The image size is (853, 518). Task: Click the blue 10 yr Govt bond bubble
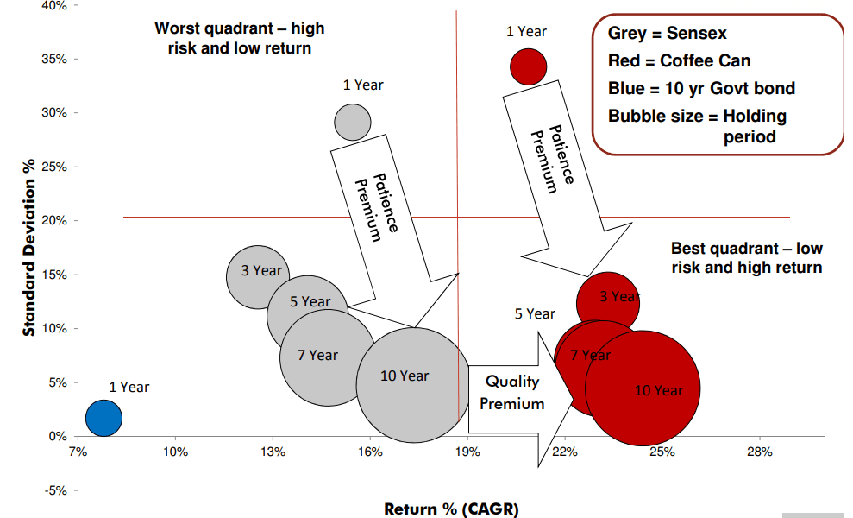103,418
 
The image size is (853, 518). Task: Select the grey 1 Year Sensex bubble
352,122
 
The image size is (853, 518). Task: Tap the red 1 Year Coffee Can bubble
528,66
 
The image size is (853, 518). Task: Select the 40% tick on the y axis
55,6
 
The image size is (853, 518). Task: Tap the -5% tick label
55,490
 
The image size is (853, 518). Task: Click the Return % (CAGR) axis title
451,509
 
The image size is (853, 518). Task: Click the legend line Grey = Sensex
668,35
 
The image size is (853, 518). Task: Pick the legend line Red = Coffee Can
680,61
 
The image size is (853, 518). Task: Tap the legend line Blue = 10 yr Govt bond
701,89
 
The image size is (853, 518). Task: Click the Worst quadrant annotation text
240,38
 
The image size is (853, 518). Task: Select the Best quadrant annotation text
747,258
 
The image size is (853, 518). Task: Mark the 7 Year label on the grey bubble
317,355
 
